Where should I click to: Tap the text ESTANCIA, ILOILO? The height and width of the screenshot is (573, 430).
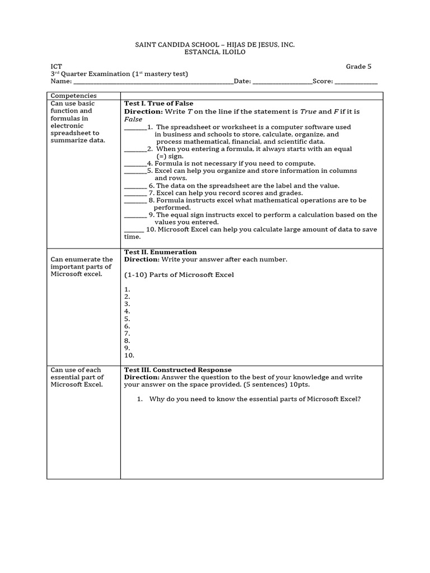(214, 52)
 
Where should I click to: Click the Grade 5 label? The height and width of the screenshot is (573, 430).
(358, 67)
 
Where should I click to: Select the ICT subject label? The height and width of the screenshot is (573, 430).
(56, 67)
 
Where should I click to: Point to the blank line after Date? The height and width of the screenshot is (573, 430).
(282, 82)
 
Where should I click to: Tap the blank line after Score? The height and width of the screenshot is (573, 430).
(356, 82)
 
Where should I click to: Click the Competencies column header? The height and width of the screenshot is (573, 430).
(74, 96)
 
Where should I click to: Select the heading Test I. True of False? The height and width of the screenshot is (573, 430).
(158, 104)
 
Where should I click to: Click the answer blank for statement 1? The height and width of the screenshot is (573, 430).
(135, 128)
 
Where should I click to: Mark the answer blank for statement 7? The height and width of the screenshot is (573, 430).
(135, 193)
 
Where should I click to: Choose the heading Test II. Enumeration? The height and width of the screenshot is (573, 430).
(160, 252)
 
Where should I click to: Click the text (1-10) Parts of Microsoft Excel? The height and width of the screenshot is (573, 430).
(179, 275)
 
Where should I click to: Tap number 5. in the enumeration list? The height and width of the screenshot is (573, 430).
(127, 318)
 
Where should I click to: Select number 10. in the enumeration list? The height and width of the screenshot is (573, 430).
(129, 355)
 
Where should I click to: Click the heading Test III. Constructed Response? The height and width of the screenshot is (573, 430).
(177, 370)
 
